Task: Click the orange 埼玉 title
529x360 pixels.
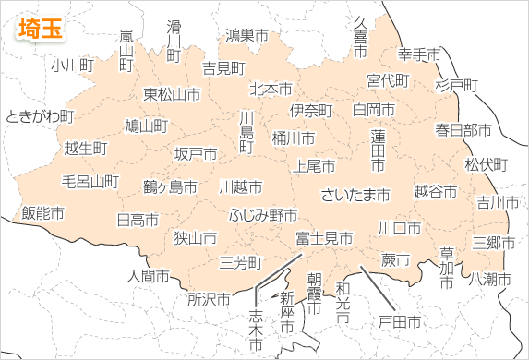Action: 41,27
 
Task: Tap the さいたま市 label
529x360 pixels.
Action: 355,195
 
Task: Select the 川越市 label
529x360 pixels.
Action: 240,186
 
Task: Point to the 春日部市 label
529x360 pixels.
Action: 463,129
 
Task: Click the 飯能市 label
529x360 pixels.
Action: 42,213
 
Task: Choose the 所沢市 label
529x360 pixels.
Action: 209,299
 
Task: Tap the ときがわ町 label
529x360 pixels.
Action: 40,116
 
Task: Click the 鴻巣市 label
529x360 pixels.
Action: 246,36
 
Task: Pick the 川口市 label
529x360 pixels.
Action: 400,227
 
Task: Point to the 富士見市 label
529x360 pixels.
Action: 324,238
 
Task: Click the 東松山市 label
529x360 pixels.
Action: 172,94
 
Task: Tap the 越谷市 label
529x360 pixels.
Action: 435,192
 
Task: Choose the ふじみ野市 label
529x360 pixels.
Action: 263,215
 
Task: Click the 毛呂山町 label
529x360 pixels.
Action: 90,181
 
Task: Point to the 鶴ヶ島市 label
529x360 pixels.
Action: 170,186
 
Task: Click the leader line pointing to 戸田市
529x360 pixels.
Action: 379,288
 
